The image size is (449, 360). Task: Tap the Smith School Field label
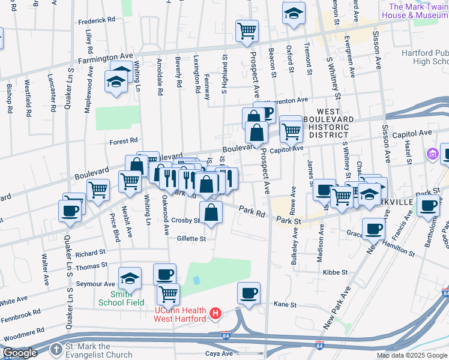tap(121, 302)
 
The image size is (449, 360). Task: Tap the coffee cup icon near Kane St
tap(249, 293)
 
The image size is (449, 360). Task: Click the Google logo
tap(19, 353)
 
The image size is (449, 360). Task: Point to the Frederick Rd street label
tap(97, 20)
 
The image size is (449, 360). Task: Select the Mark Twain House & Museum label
tap(415, 11)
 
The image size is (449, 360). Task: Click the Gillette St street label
tap(191, 239)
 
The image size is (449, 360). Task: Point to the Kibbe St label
tap(331, 272)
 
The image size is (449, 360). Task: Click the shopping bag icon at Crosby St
tap(210, 212)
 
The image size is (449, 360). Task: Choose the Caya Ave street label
tap(219, 353)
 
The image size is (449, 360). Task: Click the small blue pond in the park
tap(197, 280)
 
